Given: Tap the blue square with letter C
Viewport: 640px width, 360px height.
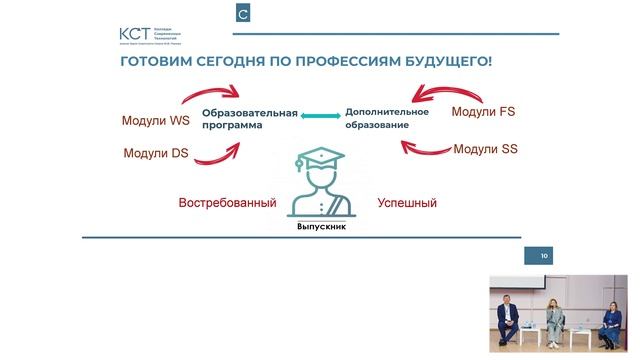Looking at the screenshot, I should point(243,14).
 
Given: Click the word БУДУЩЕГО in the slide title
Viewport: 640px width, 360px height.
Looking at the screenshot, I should point(441,62).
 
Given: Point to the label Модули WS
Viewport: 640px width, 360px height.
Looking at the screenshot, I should point(155,122).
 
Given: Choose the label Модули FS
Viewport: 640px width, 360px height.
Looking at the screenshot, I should point(483,112).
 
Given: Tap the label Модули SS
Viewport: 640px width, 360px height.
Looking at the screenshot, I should point(485,149).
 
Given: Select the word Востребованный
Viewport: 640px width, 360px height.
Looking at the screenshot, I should point(227,203).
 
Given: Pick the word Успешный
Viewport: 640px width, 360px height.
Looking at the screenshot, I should point(407,203).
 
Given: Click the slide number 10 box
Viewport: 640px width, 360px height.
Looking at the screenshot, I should point(544,257).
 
